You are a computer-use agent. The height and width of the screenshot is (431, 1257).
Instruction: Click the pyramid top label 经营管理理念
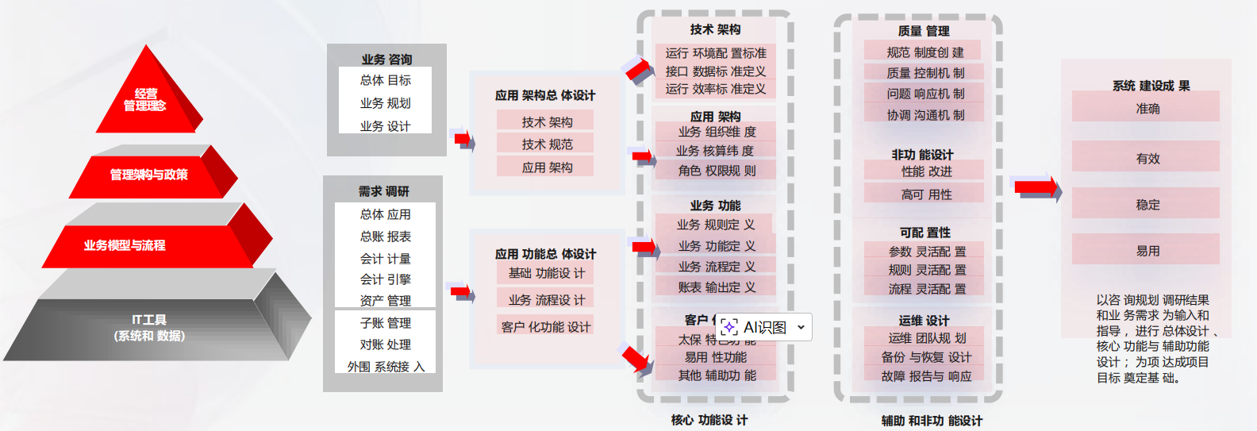pos(145,100)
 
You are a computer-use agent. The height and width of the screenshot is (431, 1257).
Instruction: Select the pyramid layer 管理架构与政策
pos(149,175)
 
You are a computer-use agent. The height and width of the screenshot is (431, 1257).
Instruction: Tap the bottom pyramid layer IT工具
pos(149,328)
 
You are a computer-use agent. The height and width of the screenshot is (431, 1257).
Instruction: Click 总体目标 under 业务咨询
pos(386,80)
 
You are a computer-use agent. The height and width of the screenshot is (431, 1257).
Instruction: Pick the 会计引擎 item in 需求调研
pos(386,279)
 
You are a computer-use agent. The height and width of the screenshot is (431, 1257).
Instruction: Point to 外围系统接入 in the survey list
pos(386,367)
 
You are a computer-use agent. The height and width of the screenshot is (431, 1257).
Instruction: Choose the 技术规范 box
pos(547,144)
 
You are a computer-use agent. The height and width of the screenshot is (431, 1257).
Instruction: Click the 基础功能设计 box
pos(547,273)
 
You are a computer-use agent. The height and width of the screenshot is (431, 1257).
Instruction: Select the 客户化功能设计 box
pos(546,327)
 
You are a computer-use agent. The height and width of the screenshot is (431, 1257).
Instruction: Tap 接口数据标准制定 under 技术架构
pos(715,71)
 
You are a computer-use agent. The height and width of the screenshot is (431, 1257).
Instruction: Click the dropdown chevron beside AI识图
pos(801,327)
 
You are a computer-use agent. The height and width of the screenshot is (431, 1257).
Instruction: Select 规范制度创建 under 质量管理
pos(924,52)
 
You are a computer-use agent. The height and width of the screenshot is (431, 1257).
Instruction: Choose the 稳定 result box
pos(1147,205)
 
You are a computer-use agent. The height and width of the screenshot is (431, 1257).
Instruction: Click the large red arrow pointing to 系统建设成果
pos(1036,187)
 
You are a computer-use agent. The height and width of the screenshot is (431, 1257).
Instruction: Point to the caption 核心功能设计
pos(709,420)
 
